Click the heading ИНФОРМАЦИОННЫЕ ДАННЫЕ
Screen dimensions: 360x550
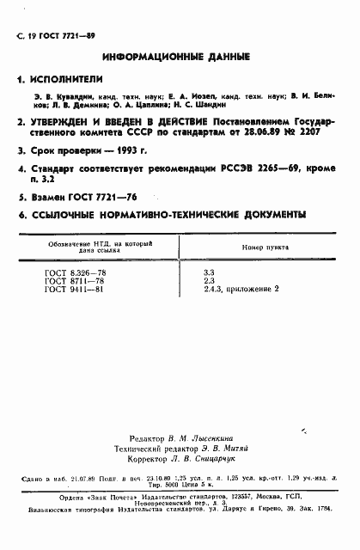coord(176,57)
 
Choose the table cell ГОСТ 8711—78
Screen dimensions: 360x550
coord(70,279)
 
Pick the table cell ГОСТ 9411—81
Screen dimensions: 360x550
coord(70,289)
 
